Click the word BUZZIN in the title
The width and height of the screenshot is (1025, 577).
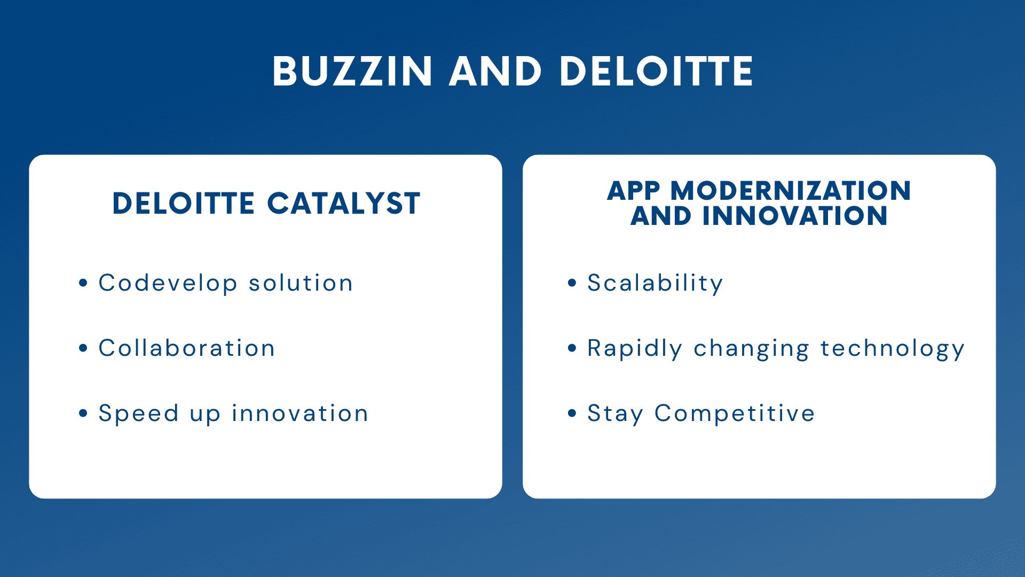click(x=352, y=71)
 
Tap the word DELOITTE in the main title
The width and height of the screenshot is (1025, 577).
click(x=656, y=71)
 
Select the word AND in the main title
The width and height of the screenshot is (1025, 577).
click(x=496, y=71)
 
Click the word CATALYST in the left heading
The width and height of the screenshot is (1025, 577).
click(x=344, y=204)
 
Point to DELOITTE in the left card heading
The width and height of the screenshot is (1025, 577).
click(x=183, y=204)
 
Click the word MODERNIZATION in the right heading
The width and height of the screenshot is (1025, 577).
click(x=791, y=191)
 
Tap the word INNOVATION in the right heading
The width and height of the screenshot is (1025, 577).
click(x=795, y=216)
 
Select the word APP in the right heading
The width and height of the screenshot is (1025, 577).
click(x=634, y=191)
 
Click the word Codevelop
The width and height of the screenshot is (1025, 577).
click(x=168, y=283)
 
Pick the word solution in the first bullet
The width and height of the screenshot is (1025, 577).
click(x=301, y=283)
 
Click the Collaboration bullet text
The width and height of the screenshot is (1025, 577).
click(x=187, y=348)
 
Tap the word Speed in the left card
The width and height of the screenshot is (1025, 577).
click(x=139, y=414)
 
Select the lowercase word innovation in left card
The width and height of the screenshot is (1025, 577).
click(x=300, y=413)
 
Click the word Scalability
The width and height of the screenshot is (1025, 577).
click(x=655, y=283)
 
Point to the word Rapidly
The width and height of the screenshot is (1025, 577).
click(x=635, y=348)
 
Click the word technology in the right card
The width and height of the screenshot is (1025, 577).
click(x=893, y=349)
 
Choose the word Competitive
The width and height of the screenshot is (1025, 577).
click(x=735, y=414)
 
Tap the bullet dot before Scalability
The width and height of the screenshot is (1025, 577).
click(x=572, y=283)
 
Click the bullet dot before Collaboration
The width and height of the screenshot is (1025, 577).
click(x=83, y=348)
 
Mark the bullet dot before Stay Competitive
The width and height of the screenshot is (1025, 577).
click(x=572, y=413)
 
